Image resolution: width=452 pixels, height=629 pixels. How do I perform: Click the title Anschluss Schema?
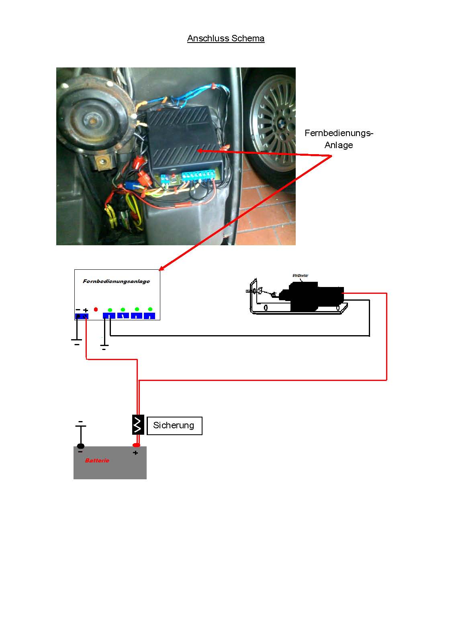tap(225, 39)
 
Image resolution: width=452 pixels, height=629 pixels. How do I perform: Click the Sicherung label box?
tap(174, 425)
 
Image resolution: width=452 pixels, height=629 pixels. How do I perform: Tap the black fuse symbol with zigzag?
tap(138, 424)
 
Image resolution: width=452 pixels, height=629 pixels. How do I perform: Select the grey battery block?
tap(110, 466)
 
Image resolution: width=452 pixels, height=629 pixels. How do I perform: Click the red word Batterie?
tap(97, 460)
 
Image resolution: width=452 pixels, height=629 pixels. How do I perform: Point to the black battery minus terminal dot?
tap(81, 446)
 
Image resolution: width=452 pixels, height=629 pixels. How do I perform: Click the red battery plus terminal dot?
tap(136, 445)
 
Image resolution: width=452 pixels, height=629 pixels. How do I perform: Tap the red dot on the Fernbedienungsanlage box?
tap(96, 309)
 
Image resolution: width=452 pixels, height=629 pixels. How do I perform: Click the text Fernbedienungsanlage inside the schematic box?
tap(116, 281)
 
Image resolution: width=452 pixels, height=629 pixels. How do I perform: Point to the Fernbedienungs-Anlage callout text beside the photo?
tap(339, 139)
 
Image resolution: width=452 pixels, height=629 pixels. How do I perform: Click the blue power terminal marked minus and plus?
tap(82, 316)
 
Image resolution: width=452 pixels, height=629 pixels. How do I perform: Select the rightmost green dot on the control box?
tap(150, 309)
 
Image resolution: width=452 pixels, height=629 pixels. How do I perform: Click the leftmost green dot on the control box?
tap(110, 310)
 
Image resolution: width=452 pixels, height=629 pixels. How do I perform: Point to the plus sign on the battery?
tap(135, 453)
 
